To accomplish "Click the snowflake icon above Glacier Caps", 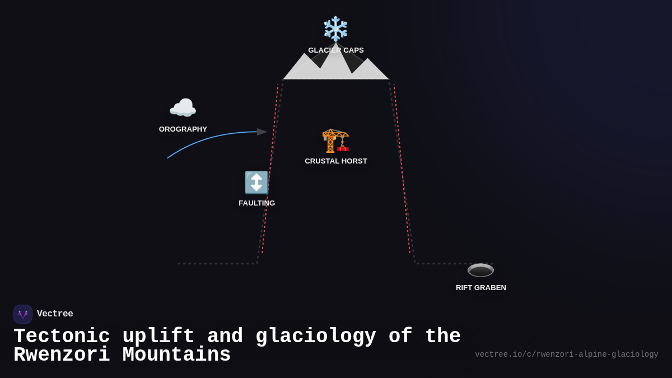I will click(x=335, y=29).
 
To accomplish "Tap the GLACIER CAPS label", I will click(x=335, y=50).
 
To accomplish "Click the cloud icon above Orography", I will click(x=183, y=108).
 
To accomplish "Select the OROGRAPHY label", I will click(x=183, y=129).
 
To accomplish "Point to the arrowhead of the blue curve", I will click(x=262, y=132).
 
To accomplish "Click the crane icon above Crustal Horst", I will click(x=335, y=140).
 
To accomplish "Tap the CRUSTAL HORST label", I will click(x=335, y=161).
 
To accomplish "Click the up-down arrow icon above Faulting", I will click(x=256, y=183).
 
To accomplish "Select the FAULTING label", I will click(x=256, y=203).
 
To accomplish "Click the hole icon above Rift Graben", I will click(x=480, y=270).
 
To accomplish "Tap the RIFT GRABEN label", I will click(x=480, y=288).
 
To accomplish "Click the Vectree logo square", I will click(x=23, y=314).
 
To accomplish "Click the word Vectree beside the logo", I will click(x=55, y=314).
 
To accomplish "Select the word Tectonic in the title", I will click(x=62, y=337).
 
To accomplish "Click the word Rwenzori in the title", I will click(x=62, y=355).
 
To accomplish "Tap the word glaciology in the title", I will click(x=316, y=337).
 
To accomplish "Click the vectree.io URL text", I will click(x=566, y=354).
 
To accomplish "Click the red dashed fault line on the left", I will click(x=270, y=168).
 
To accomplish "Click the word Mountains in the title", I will click(x=176, y=355).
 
